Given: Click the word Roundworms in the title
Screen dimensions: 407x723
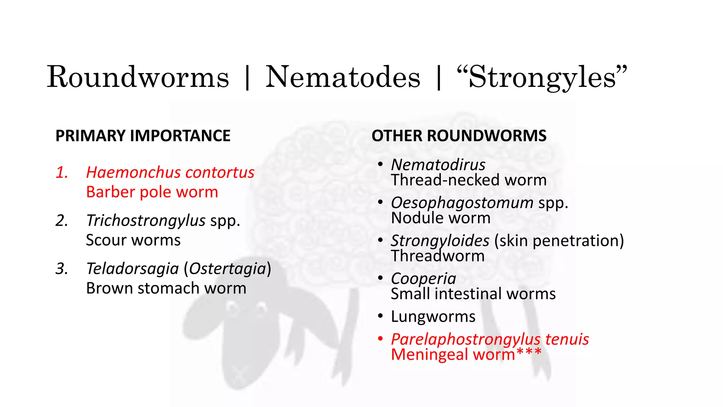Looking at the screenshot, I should click(138, 77).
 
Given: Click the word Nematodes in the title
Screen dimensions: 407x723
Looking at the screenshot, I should click(343, 77).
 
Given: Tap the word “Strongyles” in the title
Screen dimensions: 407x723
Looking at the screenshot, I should click(542, 77).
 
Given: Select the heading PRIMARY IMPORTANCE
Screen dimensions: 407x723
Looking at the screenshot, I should click(143, 136).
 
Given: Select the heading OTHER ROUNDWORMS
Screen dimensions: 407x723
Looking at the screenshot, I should click(459, 136).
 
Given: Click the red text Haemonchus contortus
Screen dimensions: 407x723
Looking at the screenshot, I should click(170, 172).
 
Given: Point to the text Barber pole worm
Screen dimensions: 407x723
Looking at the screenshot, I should click(152, 192).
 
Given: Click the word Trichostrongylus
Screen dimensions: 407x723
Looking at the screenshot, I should click(146, 220).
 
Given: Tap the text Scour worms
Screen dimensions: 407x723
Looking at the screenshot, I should click(133, 240).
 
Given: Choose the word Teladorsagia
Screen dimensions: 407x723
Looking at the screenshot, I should click(132, 269).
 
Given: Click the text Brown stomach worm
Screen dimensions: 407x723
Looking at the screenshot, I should click(166, 288).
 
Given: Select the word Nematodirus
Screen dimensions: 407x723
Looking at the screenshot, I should click(438, 165).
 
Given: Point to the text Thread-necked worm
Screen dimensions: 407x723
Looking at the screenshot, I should click(468, 180).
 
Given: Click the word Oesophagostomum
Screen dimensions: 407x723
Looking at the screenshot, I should click(462, 203).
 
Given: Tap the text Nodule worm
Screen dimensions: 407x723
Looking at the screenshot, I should click(441, 218).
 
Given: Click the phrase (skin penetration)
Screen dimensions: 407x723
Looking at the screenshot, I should click(559, 241).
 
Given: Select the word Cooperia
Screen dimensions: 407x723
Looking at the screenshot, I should click(423, 279).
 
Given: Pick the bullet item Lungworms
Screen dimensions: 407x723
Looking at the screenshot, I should click(433, 317).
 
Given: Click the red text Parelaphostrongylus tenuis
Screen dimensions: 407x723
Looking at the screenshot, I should click(490, 339).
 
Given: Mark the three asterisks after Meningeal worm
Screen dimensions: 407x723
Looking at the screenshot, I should click(528, 352).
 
